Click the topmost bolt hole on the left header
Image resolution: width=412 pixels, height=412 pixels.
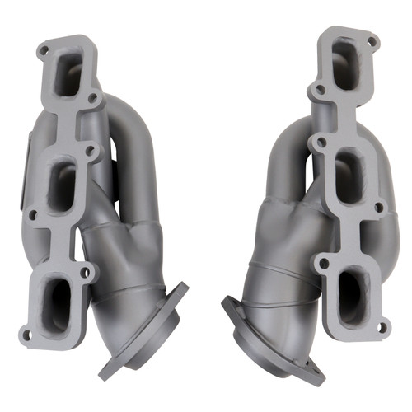click(x=43, y=51)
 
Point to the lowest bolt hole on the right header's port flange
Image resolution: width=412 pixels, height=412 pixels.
click(x=382, y=327)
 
